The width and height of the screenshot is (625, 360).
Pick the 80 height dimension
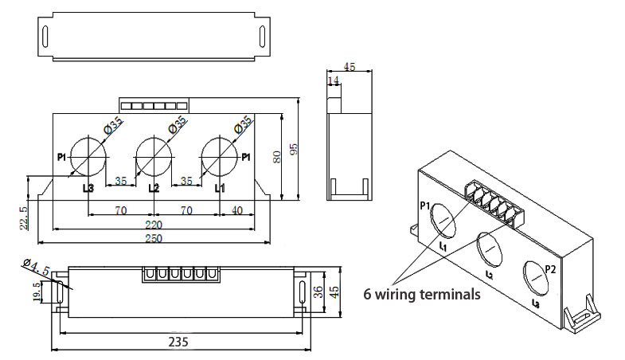(x=277, y=155)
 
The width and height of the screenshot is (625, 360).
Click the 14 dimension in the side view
(x=333, y=81)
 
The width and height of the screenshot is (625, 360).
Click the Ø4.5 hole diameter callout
(x=37, y=264)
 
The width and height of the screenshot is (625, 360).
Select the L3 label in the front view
(x=88, y=189)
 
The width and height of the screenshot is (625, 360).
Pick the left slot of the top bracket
(x=46, y=37)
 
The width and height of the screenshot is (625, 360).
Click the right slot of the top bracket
(x=261, y=37)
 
